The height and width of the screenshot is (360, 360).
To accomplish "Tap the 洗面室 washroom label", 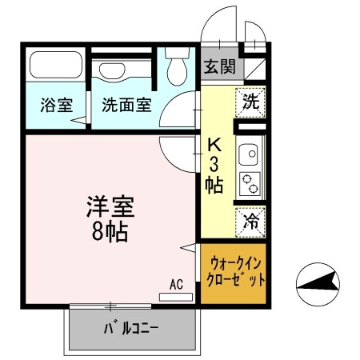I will pos(126,105).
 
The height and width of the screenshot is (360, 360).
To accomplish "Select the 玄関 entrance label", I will pos(218,67).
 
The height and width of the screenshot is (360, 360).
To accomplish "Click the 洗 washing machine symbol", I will pos(250,102).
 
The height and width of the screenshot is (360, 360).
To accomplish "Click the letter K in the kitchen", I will pos(215,146).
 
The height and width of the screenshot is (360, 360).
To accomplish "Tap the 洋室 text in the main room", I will pos(110,206).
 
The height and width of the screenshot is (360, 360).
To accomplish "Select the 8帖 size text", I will pos(110,233).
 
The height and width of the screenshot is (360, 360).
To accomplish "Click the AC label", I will pos(176,284).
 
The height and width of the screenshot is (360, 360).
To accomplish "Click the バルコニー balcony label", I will pos(131,328).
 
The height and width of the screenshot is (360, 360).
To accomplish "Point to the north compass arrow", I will pos(319,282).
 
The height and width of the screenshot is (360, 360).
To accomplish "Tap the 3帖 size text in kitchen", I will pos(215,174).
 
